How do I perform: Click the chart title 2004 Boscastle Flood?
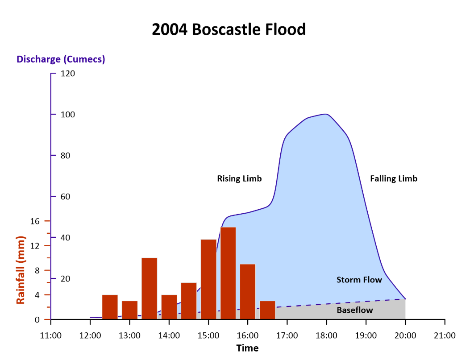(x=229, y=29)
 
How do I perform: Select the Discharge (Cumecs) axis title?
(x=61, y=59)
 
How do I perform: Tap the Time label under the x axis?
(x=247, y=348)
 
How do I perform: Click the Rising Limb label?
(x=239, y=178)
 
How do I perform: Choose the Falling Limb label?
(x=394, y=178)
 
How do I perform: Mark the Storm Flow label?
(x=359, y=280)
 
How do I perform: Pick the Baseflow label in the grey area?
(x=354, y=310)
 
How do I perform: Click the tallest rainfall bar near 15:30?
(x=228, y=273)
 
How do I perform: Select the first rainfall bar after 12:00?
(x=110, y=307)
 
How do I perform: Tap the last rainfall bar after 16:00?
(x=267, y=310)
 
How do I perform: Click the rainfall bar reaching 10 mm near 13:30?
(x=149, y=288)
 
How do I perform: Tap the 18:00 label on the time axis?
(x=326, y=335)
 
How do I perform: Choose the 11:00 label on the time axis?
(x=51, y=335)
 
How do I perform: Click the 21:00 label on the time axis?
(x=445, y=335)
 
